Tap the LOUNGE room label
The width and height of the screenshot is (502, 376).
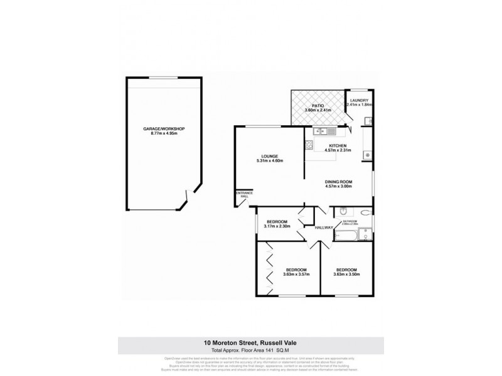pos(270,156)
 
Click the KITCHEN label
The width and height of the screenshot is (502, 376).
pos(337,145)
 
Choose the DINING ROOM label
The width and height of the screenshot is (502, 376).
pos(338,182)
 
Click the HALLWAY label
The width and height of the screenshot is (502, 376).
pos(324,227)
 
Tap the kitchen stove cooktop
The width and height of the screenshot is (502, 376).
pos(309,146)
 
